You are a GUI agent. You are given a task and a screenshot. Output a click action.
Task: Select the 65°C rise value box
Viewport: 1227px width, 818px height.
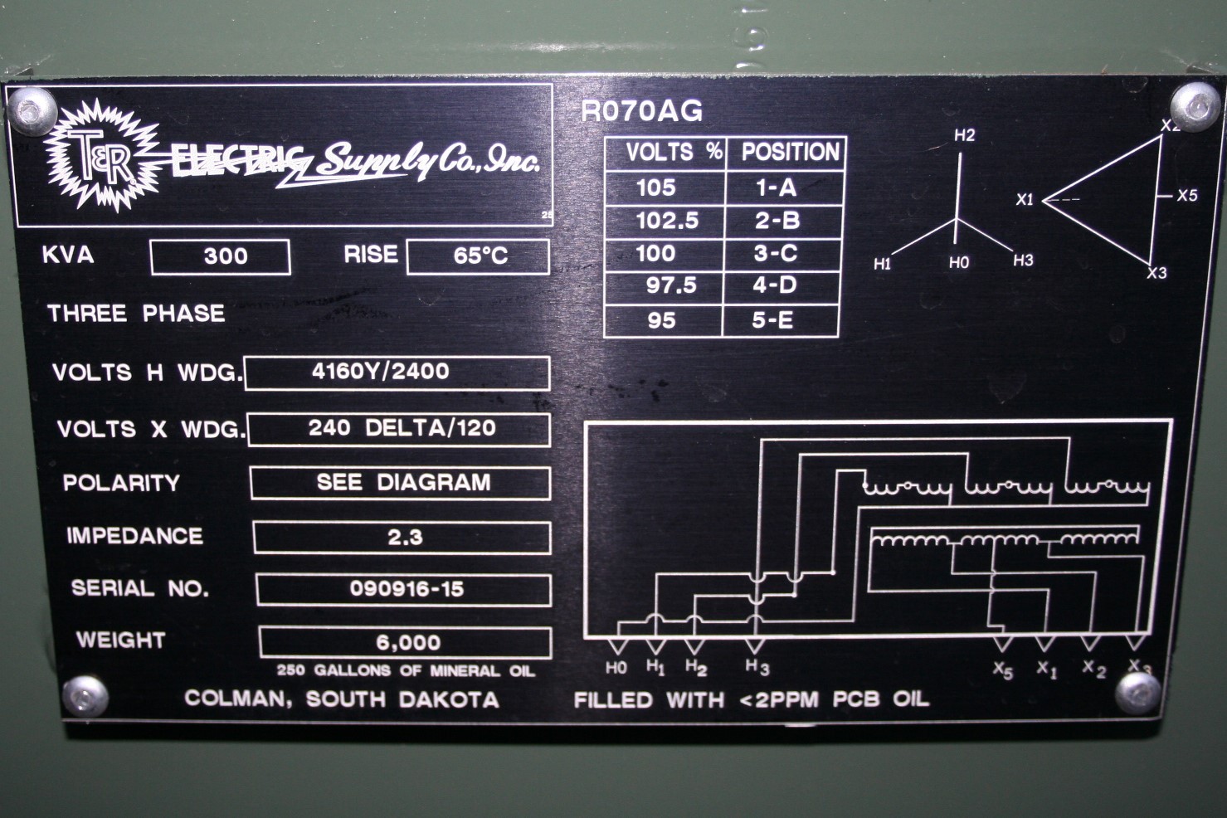pos(478,256)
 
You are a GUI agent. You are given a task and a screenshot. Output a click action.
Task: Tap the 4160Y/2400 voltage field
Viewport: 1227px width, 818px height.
pos(397,372)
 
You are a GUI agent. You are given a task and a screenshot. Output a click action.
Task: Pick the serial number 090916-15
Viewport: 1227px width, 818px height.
pos(405,590)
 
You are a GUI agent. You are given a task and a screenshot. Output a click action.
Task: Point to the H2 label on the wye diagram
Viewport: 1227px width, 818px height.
pos(964,136)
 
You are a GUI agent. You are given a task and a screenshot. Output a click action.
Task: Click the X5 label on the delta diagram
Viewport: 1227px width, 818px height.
pos(1186,196)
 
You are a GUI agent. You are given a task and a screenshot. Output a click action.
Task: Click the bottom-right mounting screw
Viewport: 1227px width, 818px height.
pos(1141,690)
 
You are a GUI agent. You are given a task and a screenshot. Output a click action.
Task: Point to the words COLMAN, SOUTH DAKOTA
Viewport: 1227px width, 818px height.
pos(341,699)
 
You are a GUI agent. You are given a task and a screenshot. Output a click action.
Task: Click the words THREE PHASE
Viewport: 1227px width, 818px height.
pos(136,314)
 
